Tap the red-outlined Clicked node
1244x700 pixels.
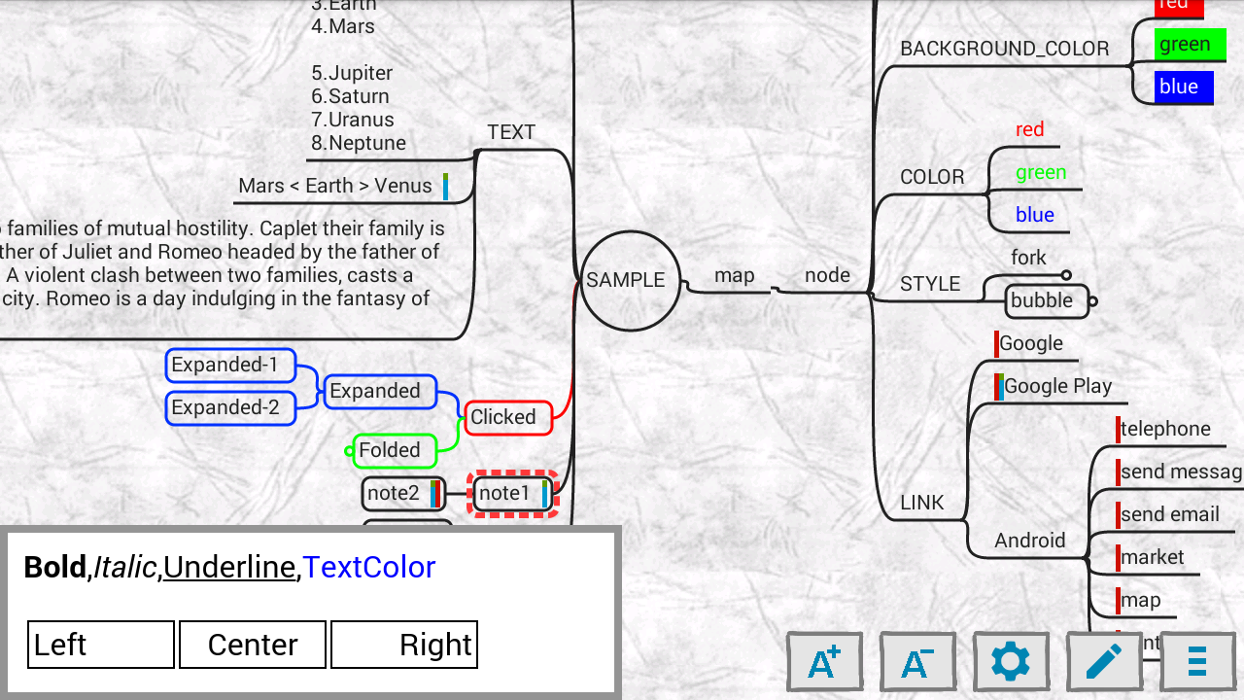click(507, 417)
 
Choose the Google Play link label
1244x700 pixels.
click(1057, 386)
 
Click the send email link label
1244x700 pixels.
click(1169, 514)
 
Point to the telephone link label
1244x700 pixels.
click(1164, 429)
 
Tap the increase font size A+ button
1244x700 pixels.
click(824, 662)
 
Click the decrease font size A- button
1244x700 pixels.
click(917, 662)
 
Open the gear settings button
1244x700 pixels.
click(1011, 662)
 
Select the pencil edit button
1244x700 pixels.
click(1104, 662)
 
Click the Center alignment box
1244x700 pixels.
click(253, 645)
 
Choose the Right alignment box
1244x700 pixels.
click(404, 645)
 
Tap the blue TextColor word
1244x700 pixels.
click(368, 567)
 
